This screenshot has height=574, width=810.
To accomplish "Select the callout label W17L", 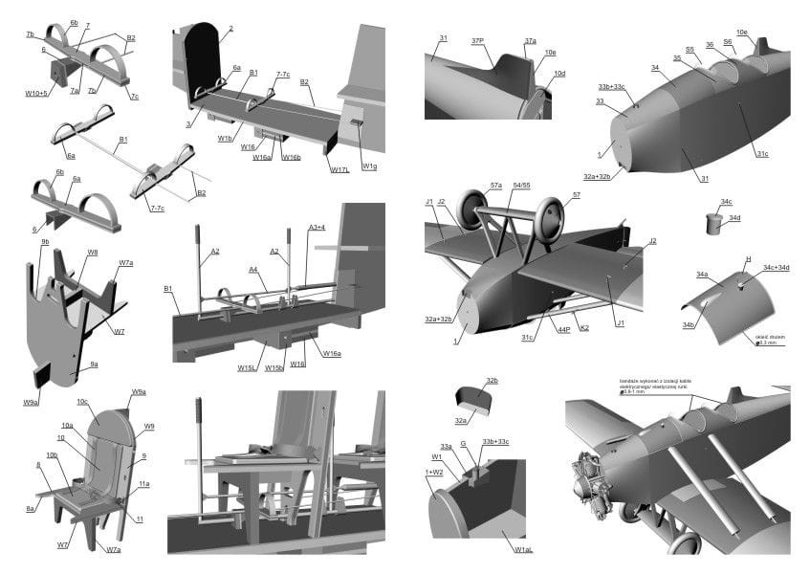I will pyautogui.click(x=339, y=170).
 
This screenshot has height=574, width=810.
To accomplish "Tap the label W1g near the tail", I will pyautogui.click(x=369, y=166).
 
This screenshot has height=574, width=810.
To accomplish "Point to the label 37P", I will pyautogui.click(x=478, y=40).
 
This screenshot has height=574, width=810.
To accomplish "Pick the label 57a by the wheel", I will pyautogui.click(x=495, y=184).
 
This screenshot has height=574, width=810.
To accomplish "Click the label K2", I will pyautogui.click(x=584, y=328).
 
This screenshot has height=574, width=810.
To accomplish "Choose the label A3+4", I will pyautogui.click(x=317, y=227).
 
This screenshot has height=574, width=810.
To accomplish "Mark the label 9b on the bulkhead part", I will pyautogui.click(x=44, y=242).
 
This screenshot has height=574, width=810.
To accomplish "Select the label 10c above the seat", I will pyautogui.click(x=81, y=402).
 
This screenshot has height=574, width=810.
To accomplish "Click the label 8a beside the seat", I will pyautogui.click(x=30, y=508).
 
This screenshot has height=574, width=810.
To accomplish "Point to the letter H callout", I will pyautogui.click(x=748, y=258).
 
